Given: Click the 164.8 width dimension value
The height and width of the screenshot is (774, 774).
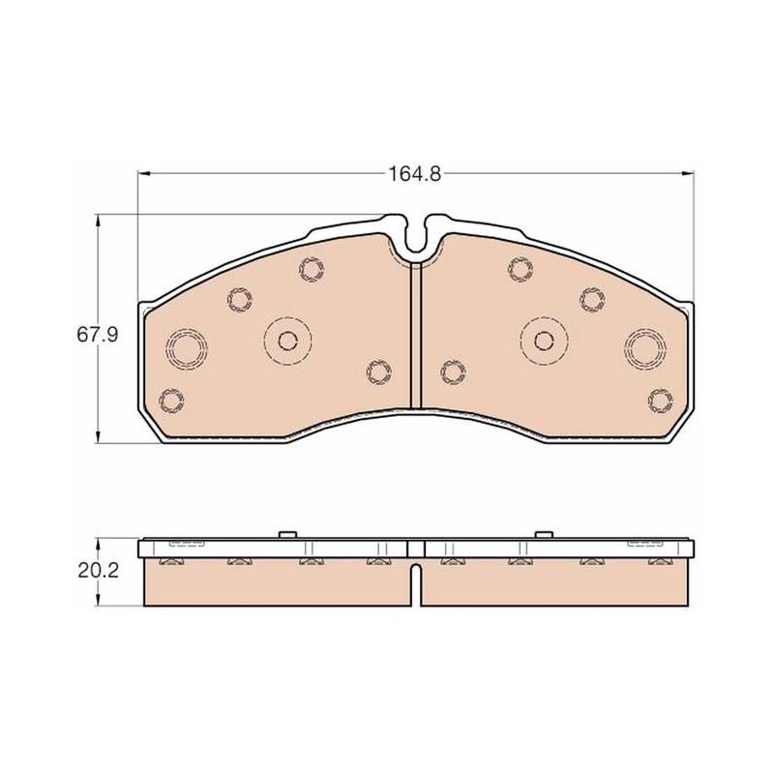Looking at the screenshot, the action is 415,174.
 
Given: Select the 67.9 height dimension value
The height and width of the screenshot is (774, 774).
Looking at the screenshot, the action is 98,335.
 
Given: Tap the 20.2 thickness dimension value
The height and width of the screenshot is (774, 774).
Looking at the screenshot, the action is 99,571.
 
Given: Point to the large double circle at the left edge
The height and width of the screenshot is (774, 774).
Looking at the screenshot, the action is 186,347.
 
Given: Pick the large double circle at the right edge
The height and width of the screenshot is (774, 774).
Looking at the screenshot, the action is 644,347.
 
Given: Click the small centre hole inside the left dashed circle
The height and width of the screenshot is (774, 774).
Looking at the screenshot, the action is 287,341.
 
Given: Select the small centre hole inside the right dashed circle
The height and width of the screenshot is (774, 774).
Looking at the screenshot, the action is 544,341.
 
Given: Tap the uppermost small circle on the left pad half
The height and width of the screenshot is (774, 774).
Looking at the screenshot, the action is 312,270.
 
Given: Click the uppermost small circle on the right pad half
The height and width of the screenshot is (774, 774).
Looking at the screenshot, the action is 521,270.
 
